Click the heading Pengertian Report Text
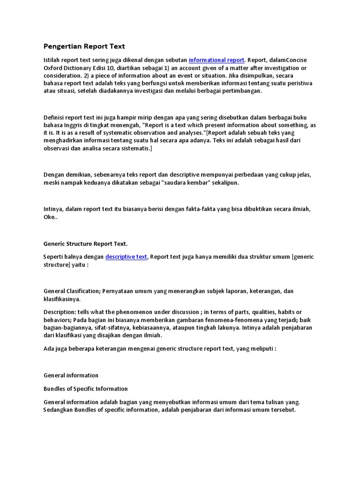click(84, 46)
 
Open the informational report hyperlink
click(216, 60)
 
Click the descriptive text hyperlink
click(126, 257)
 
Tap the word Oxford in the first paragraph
click(53, 68)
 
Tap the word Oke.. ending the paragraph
click(50, 217)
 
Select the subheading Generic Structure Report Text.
click(85, 244)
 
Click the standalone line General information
click(71, 375)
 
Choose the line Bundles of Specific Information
click(85, 389)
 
